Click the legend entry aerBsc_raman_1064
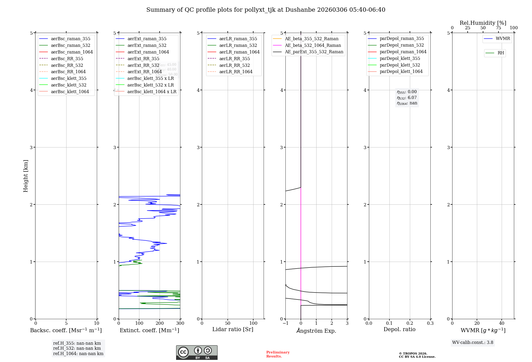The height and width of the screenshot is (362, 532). [x=72, y=52]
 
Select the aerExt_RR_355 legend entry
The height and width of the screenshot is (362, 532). [x=143, y=59]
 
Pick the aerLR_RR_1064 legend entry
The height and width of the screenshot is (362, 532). [x=236, y=72]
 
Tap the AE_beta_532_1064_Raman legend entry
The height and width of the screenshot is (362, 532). [x=313, y=45]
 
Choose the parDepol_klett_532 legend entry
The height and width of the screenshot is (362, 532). [x=400, y=65]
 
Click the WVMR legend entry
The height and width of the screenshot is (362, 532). [x=503, y=39]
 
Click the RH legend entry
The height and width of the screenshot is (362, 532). [x=501, y=53]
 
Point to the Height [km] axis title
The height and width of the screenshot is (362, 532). [x=26, y=176]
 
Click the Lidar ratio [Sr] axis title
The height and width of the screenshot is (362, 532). [x=233, y=329]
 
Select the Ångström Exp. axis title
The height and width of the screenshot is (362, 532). [x=316, y=331]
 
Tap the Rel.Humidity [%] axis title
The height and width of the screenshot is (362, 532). [x=483, y=23]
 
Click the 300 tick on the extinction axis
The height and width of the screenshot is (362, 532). [x=180, y=323]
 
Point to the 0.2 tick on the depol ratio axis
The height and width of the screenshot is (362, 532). [x=410, y=323]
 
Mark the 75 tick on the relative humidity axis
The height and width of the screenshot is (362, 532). [x=498, y=28]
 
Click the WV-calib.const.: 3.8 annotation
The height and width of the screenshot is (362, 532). [x=473, y=342]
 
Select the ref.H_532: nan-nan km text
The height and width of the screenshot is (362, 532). [x=77, y=348]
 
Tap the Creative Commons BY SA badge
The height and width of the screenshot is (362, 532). [x=197, y=352]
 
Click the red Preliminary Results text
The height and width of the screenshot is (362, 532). [x=278, y=354]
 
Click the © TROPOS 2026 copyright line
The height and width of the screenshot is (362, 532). [x=413, y=353]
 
